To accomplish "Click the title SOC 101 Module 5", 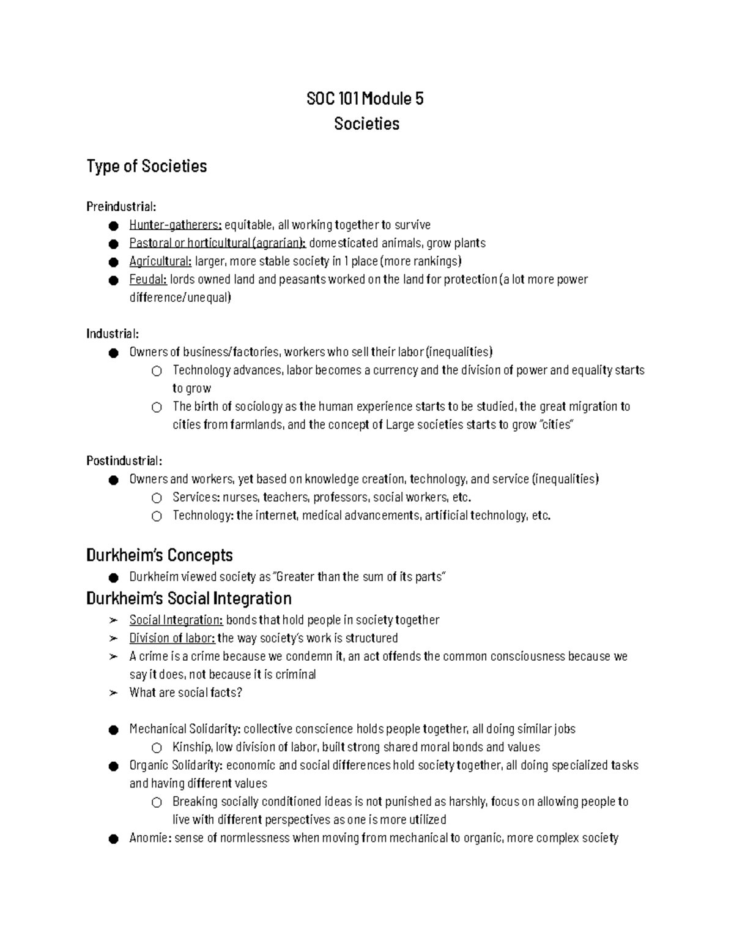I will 365,99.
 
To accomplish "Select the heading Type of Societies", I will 147,166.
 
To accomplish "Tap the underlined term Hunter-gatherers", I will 174,225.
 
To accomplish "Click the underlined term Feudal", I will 147,279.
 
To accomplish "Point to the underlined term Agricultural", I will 160,261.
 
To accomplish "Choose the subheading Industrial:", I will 113,334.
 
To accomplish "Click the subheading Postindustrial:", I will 124,460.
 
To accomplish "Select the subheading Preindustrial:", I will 121,206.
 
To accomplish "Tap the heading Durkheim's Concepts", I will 160,555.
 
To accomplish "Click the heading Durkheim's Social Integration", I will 189,598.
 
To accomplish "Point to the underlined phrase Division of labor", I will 171,638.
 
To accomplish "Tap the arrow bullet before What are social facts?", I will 113,693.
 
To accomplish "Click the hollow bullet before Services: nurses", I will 157,498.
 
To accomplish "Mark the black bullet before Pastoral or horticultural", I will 113,244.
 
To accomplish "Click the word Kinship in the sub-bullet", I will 192,747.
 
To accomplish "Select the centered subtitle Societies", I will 366,124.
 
